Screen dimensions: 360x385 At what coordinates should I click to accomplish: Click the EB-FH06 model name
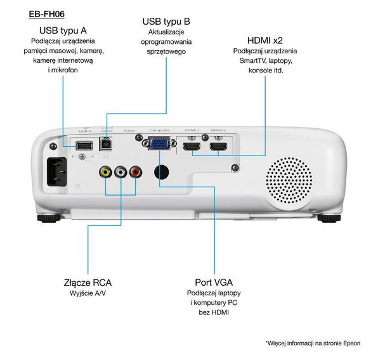click(47, 13)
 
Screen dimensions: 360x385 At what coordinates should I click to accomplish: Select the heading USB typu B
click(166, 21)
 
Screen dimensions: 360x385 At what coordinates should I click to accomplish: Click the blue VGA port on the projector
click(159, 144)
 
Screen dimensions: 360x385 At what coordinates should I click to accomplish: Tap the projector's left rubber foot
click(49, 217)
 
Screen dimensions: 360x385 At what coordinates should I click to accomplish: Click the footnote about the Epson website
click(313, 343)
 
